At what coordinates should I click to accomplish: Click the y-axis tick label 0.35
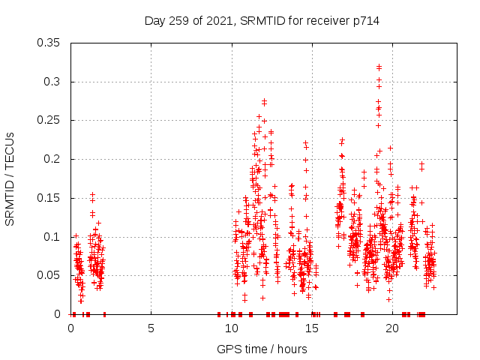coord(50,43)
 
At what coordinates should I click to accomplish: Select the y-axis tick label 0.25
coord(50,120)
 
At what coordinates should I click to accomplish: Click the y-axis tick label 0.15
coord(50,198)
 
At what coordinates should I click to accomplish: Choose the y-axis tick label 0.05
coord(50,275)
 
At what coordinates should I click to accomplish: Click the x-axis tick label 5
coord(151,328)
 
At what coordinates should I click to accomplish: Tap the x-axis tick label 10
coord(232,328)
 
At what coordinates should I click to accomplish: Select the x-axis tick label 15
coord(312,328)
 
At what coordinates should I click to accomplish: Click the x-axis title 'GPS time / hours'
coord(262,349)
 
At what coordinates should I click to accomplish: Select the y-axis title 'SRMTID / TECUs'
coord(10,178)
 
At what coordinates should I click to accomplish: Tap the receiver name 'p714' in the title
coord(366,20)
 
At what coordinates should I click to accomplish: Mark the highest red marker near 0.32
coord(379,67)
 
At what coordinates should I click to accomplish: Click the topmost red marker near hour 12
coord(264,101)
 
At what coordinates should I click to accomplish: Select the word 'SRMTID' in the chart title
coord(263,20)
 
